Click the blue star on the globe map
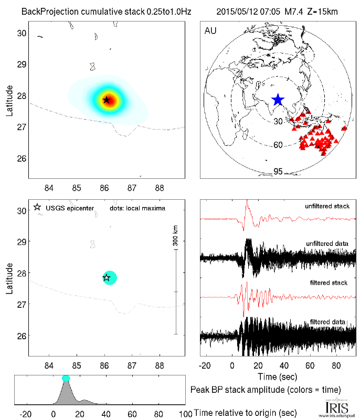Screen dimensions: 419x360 point(278,100)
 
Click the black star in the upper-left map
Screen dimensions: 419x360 point(107,100)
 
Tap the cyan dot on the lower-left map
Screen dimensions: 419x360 point(109,277)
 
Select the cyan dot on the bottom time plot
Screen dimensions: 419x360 point(66,378)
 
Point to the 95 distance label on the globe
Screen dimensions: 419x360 point(279,171)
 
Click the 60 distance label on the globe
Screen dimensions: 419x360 point(279,145)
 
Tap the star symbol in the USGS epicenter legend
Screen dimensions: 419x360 point(37,208)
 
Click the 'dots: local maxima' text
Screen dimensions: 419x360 point(137,208)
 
